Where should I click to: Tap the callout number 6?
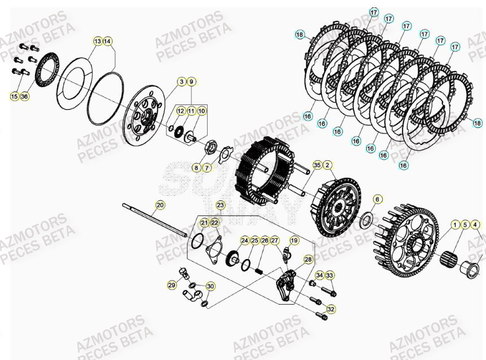tap(378, 199)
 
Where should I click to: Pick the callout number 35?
tap(317, 165)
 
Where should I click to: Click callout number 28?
tap(308, 259)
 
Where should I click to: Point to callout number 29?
tap(171, 286)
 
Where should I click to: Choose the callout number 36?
tap(24, 96)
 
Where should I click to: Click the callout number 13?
tap(98, 41)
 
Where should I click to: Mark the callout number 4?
tap(475, 225)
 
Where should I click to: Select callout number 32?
tap(331, 309)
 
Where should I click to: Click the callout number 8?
tap(196, 168)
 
